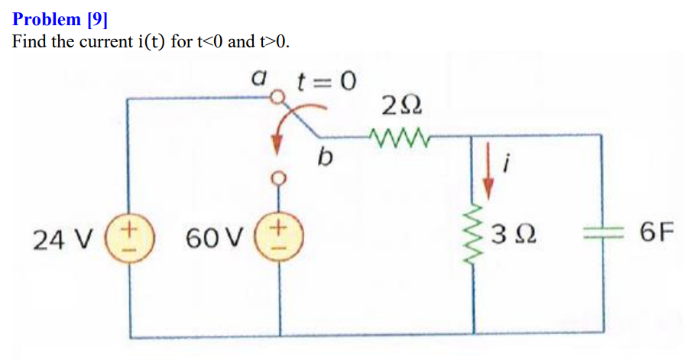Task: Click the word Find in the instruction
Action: coord(29,41)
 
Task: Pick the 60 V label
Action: coord(209,239)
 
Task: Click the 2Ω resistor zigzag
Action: coord(396,138)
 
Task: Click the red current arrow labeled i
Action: coord(489,172)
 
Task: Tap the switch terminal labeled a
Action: coord(280,97)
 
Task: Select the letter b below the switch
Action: coord(326,159)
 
